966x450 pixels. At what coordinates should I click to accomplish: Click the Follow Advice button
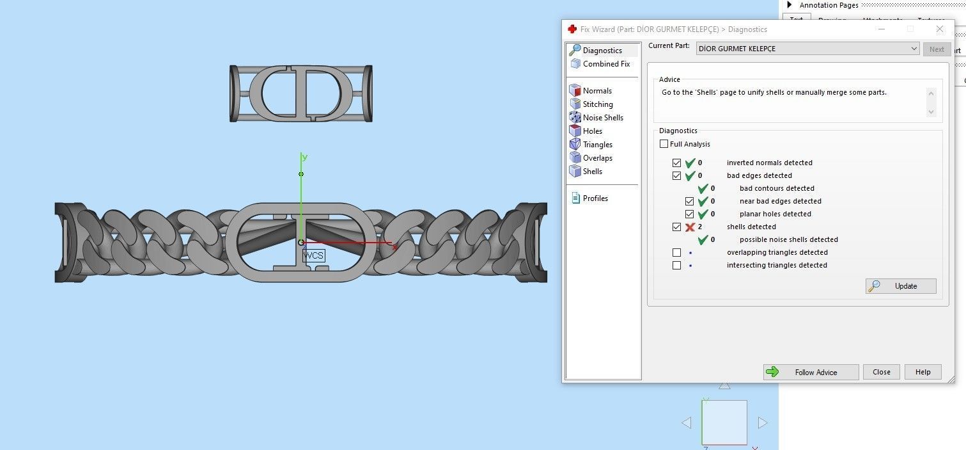click(x=811, y=372)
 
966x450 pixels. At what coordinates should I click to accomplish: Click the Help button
click(x=923, y=372)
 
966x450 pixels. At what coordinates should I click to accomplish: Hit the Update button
click(x=901, y=286)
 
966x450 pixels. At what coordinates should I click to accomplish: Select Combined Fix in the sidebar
click(x=606, y=64)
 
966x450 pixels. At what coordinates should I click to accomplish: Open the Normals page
click(x=597, y=91)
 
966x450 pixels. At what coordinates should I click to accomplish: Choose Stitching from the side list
click(x=598, y=104)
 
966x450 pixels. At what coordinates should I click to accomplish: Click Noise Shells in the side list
click(x=603, y=118)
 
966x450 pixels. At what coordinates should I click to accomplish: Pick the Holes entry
click(x=593, y=131)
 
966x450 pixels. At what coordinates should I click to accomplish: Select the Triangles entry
click(x=598, y=145)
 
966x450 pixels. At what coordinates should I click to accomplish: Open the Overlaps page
click(x=598, y=158)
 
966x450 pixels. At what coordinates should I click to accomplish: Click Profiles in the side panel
click(x=595, y=198)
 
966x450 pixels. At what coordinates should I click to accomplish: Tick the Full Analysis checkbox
click(x=664, y=144)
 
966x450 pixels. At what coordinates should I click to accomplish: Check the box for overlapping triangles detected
click(x=677, y=252)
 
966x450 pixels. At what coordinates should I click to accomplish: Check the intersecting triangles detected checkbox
click(x=677, y=265)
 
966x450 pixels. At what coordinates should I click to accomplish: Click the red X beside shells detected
click(x=690, y=227)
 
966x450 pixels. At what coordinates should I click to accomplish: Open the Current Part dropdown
click(x=807, y=49)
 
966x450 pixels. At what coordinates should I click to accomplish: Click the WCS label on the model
click(x=313, y=255)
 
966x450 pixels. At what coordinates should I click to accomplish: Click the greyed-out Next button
click(x=937, y=49)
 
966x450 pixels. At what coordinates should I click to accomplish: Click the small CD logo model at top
click(x=300, y=93)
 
